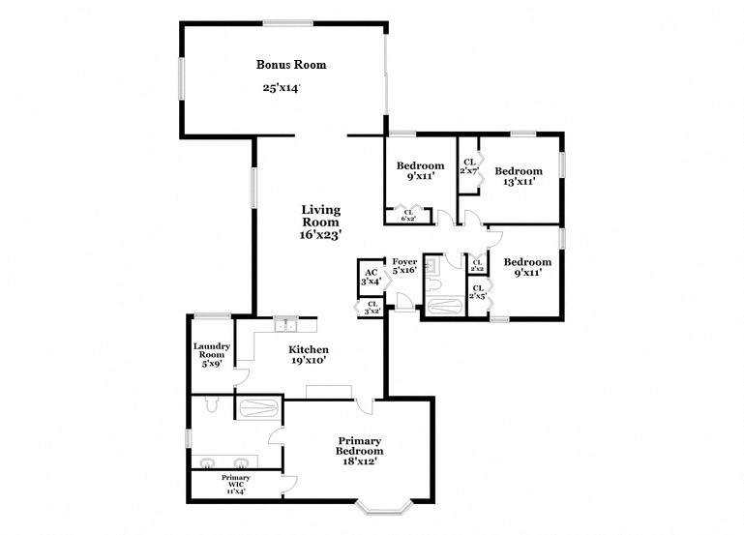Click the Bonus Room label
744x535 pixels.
click(x=290, y=65)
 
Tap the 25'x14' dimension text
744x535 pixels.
click(x=281, y=88)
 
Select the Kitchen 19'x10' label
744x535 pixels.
click(x=310, y=355)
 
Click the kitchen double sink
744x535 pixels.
click(x=283, y=325)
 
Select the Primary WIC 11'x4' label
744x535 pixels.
click(x=235, y=483)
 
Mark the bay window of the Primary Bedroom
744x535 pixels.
click(x=386, y=505)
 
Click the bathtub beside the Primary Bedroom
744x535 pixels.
click(x=257, y=408)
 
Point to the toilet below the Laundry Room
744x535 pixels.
click(x=220, y=403)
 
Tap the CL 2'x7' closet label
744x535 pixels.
click(x=469, y=165)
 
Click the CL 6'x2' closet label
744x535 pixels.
click(x=407, y=216)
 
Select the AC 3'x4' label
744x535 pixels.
click(x=371, y=276)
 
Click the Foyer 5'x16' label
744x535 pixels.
click(x=404, y=266)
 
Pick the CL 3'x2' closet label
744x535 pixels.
click(x=372, y=308)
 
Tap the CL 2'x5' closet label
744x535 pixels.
click(x=477, y=291)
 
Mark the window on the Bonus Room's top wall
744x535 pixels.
click(x=287, y=23)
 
